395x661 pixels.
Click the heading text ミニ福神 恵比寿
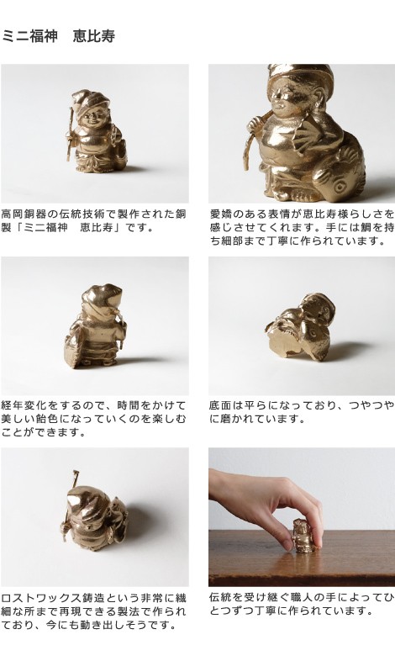(x=58, y=36)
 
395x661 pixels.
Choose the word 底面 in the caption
(x=221, y=405)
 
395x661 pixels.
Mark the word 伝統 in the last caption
(x=221, y=597)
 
